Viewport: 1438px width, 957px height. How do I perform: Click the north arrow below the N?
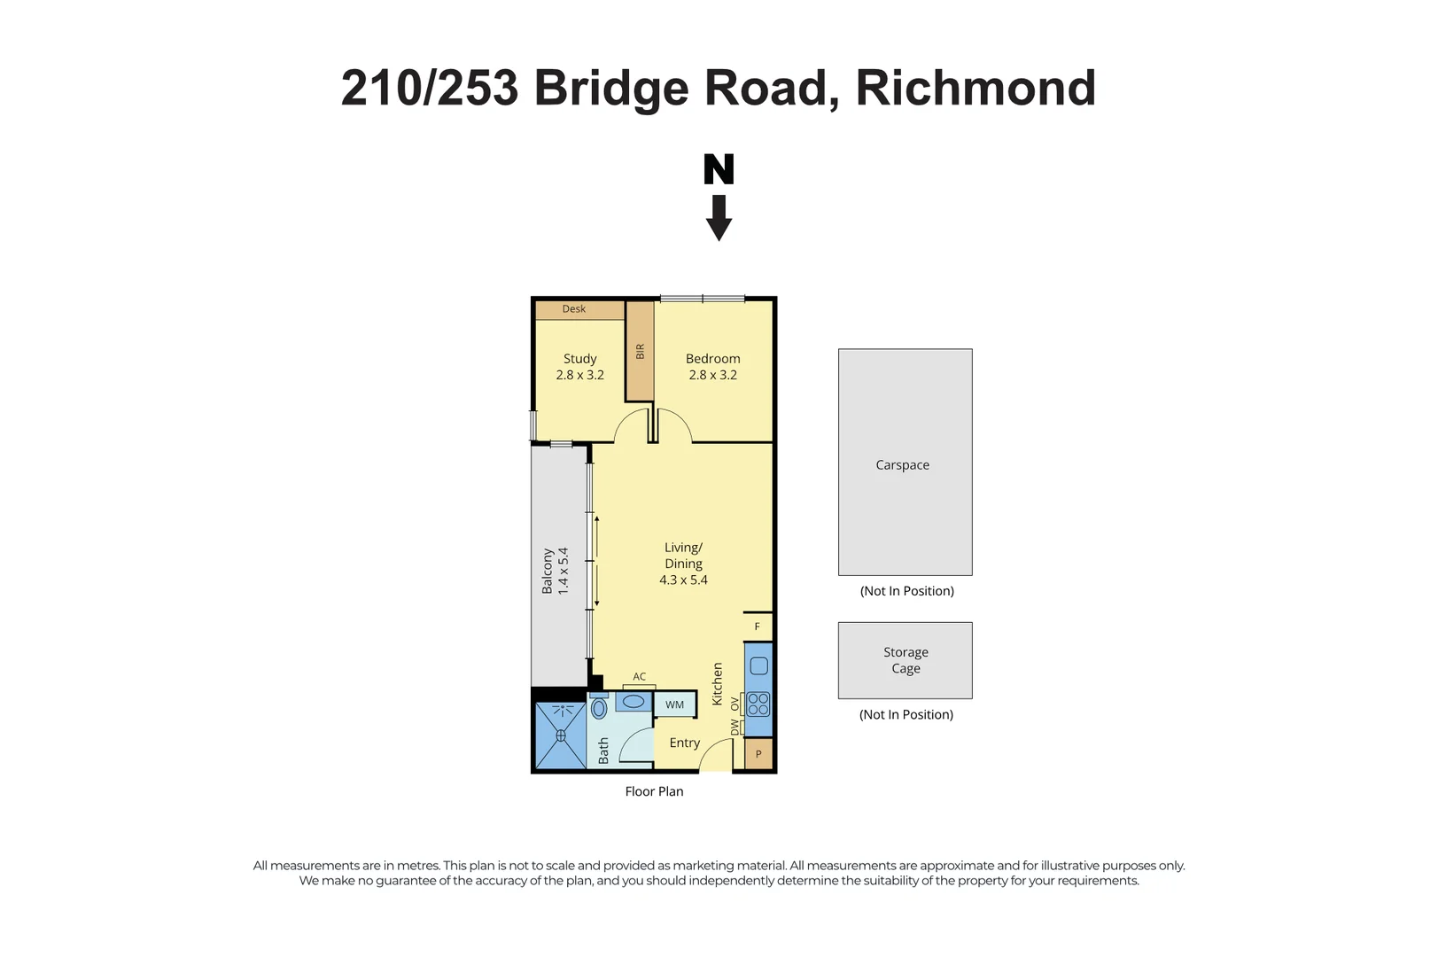719,218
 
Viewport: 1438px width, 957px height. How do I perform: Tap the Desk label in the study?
573,309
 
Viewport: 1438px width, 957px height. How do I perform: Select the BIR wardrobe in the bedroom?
640,352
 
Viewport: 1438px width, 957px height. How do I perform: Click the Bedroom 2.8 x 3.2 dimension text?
712,375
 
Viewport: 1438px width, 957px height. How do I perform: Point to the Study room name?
579,359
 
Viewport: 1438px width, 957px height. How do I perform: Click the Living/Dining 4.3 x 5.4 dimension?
683,580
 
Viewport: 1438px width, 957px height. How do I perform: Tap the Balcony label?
547,571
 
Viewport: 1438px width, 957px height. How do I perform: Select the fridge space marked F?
758,626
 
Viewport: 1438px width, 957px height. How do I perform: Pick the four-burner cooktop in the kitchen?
758,704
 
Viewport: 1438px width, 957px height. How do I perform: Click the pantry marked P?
758,755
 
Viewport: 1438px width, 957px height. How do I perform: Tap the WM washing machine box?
674,705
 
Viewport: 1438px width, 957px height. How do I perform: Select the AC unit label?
639,677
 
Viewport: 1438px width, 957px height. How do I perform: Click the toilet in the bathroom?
599,707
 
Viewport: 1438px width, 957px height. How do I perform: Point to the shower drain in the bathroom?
560,735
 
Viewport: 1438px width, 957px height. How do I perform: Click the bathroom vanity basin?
633,703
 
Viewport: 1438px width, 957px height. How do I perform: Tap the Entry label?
684,743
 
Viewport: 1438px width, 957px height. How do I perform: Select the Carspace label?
902,465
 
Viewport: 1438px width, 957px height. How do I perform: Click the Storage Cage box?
905,660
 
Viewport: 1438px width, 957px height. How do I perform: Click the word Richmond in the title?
976,89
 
